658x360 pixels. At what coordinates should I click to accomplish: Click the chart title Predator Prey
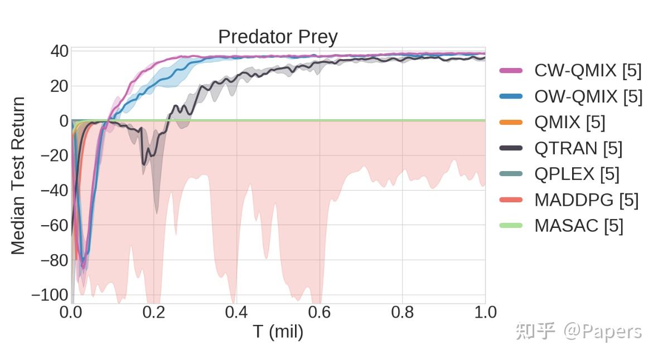[278, 37]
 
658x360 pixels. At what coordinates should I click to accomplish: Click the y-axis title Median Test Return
[18, 176]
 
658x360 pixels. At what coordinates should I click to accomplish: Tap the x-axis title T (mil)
[278, 332]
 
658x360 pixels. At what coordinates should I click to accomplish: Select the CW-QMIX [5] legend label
[588, 71]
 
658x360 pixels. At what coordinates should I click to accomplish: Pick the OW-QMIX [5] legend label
[588, 96]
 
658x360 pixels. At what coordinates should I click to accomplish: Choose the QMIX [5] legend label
[569, 123]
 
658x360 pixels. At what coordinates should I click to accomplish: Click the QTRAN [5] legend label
[578, 148]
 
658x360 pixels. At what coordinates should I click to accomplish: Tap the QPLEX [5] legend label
[577, 174]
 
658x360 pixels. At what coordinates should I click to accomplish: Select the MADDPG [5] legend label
[586, 200]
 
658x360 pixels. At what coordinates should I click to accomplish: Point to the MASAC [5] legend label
[579, 226]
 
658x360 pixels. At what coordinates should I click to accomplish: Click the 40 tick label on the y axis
[59, 52]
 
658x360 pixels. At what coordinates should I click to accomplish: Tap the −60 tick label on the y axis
[54, 225]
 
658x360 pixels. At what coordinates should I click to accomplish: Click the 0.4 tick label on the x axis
[237, 313]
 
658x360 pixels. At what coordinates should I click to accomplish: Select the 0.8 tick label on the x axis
[402, 313]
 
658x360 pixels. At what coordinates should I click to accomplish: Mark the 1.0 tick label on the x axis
[485, 313]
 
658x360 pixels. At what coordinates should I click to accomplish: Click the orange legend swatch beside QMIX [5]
[511, 123]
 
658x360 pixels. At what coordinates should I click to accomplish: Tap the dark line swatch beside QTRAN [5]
[511, 148]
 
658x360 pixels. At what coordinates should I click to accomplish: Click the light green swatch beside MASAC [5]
[511, 226]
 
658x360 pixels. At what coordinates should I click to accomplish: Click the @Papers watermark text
[602, 332]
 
